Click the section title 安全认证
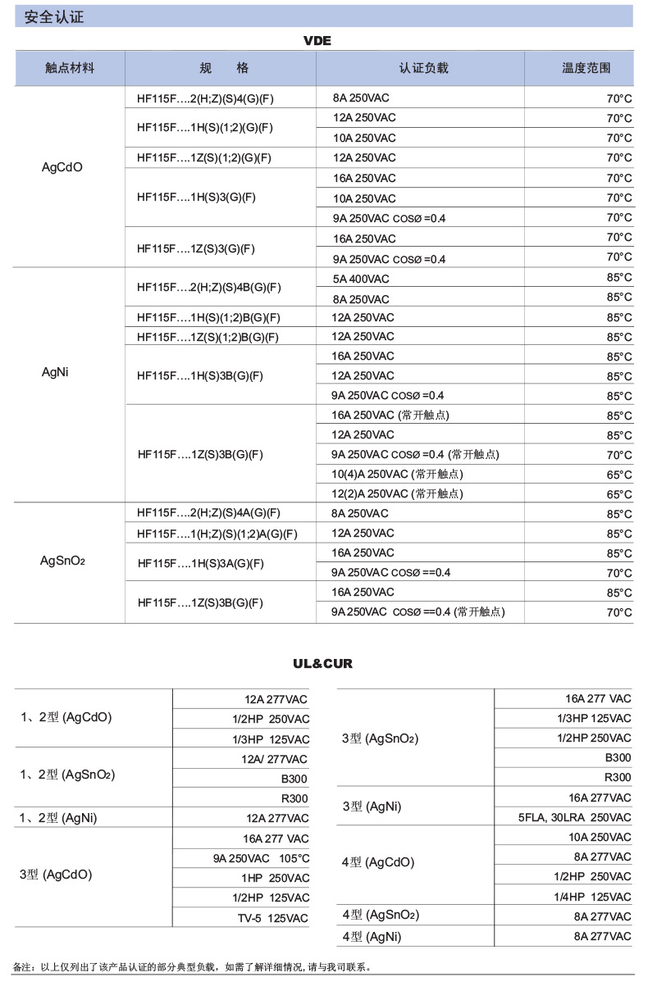coord(54,16)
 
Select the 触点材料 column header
coord(70,68)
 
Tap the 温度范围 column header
coord(586,68)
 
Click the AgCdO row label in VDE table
coord(62,167)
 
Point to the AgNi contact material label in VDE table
coord(55,372)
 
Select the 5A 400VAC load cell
coord(361,279)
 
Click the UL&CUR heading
coord(322,663)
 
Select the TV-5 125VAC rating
coord(267,918)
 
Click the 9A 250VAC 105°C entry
coord(261,859)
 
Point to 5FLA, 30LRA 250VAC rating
coord(574,818)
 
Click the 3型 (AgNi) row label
coord(372,807)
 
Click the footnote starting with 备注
coord(194,967)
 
